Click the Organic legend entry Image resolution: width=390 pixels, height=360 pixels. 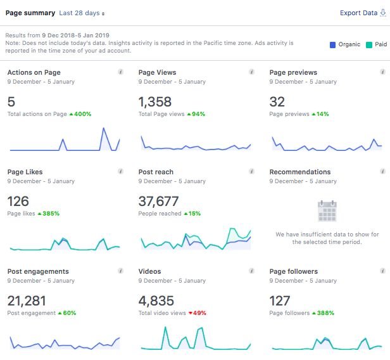(x=348, y=44)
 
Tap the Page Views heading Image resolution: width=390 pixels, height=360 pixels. (x=157, y=73)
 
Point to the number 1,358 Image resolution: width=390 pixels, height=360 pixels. (x=156, y=102)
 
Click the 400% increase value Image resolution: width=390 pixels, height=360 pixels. (x=82, y=114)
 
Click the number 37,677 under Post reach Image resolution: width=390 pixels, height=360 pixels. (x=158, y=202)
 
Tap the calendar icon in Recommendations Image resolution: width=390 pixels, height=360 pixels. (x=327, y=210)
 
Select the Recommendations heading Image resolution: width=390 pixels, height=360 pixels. (x=299, y=172)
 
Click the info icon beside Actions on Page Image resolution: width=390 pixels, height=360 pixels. (x=120, y=73)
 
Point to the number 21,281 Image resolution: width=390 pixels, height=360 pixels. (x=27, y=301)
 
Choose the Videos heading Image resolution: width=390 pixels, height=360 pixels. (x=151, y=271)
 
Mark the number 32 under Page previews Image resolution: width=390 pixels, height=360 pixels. (x=277, y=102)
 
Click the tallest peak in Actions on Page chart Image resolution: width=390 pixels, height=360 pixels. (x=103, y=129)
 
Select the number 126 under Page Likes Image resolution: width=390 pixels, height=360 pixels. (x=18, y=202)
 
